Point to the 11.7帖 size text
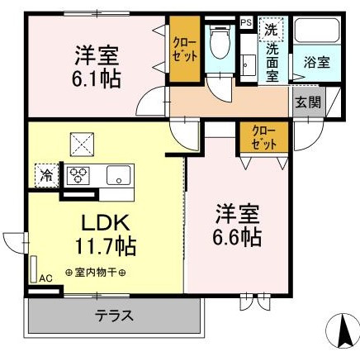pos(102,246)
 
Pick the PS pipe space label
pos(246,22)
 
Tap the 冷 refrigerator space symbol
pos(45,174)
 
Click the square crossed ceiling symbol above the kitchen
pos(83,145)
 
